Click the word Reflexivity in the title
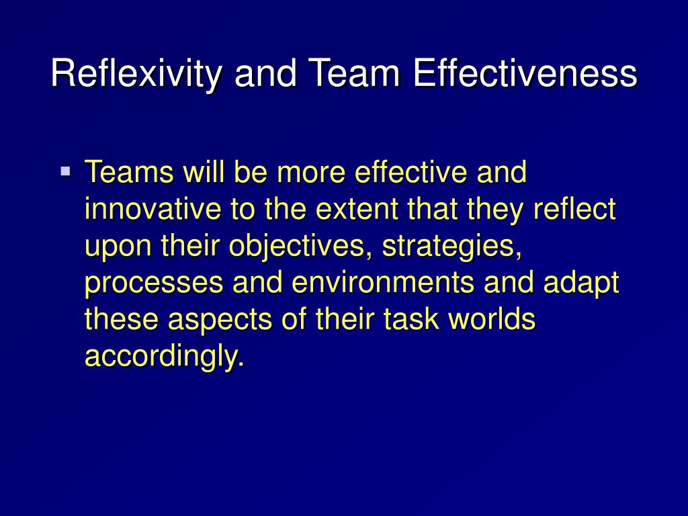click(136, 74)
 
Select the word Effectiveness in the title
click(524, 74)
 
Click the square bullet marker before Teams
click(65, 171)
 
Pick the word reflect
click(574, 210)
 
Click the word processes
click(153, 284)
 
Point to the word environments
click(382, 284)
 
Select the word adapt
click(581, 284)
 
